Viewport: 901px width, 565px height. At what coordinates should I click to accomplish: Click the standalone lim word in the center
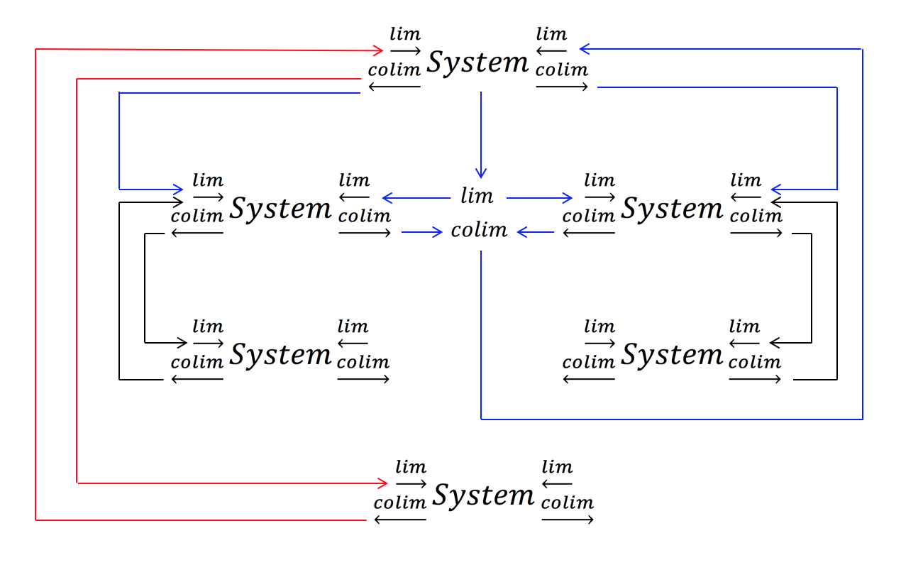477,196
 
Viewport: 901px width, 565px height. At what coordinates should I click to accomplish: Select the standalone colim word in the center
480,230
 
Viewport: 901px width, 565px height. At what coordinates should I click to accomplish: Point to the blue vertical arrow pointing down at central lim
481,135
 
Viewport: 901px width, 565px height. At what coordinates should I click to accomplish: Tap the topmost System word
478,63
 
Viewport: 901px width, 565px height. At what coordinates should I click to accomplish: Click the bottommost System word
484,495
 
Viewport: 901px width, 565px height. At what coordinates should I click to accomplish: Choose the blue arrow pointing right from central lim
540,198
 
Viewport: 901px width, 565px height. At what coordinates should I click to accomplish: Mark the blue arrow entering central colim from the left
422,232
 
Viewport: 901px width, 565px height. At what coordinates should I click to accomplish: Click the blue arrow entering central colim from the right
536,232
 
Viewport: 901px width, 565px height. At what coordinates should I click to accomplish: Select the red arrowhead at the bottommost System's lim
383,483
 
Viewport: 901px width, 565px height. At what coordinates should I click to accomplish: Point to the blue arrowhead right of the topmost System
584,49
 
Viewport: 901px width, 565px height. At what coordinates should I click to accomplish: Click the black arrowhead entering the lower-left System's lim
182,343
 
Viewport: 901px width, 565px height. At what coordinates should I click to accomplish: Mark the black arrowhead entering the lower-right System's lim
775,343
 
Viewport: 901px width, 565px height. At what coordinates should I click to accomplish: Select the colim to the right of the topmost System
562,70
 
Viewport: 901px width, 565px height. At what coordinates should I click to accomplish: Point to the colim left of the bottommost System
400,503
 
